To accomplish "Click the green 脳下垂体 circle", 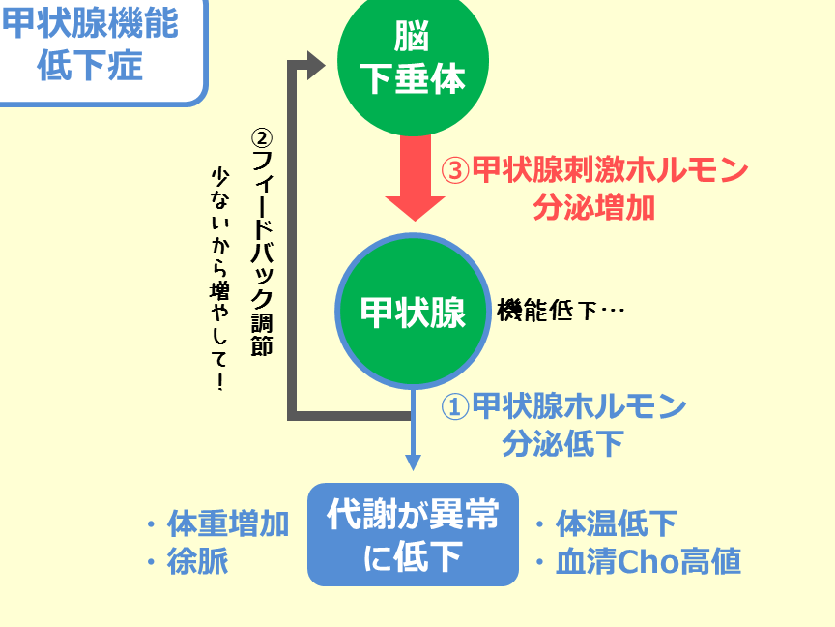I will click(414, 60).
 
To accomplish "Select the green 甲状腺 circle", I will click(414, 312).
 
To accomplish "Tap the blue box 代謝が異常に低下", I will click(414, 534).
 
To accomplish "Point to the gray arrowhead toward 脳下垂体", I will click(315, 66).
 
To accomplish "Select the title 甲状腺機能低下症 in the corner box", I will click(91, 45).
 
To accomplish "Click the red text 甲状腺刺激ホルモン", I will click(609, 171).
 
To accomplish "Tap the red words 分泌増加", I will click(593, 207).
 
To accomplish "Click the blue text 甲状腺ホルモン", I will click(579, 406).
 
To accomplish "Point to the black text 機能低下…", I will click(561, 311).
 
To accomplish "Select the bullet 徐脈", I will click(197, 561).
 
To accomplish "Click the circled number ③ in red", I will click(455, 171).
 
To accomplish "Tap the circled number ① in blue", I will click(455, 406).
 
